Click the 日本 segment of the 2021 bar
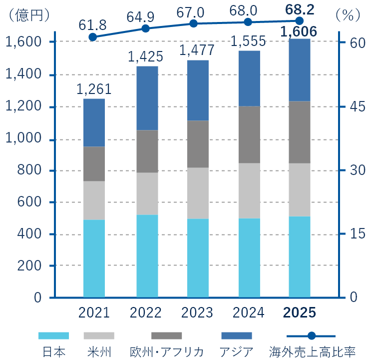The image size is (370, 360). (94, 258)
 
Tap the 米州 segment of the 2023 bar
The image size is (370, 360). (198, 193)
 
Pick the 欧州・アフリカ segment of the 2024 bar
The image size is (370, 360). (249, 134)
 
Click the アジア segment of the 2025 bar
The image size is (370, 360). (300, 70)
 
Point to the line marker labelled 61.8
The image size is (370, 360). (93, 37)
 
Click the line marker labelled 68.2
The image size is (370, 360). (300, 20)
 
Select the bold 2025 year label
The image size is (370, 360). (300, 313)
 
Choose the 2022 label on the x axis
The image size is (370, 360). (146, 313)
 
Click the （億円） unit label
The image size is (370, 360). (27, 15)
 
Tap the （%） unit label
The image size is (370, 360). (348, 15)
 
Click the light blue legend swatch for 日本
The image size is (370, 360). (53, 335)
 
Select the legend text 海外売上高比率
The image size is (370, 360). (312, 351)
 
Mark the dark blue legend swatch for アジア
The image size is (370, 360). (236, 335)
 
